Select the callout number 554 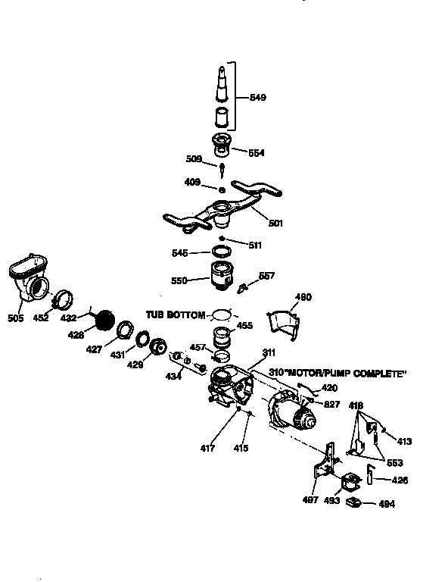click(257, 152)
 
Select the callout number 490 click(303, 297)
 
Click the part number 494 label click(386, 504)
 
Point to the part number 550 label click(179, 280)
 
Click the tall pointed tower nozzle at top click(222, 85)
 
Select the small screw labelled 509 click(223, 168)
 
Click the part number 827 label click(331, 405)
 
